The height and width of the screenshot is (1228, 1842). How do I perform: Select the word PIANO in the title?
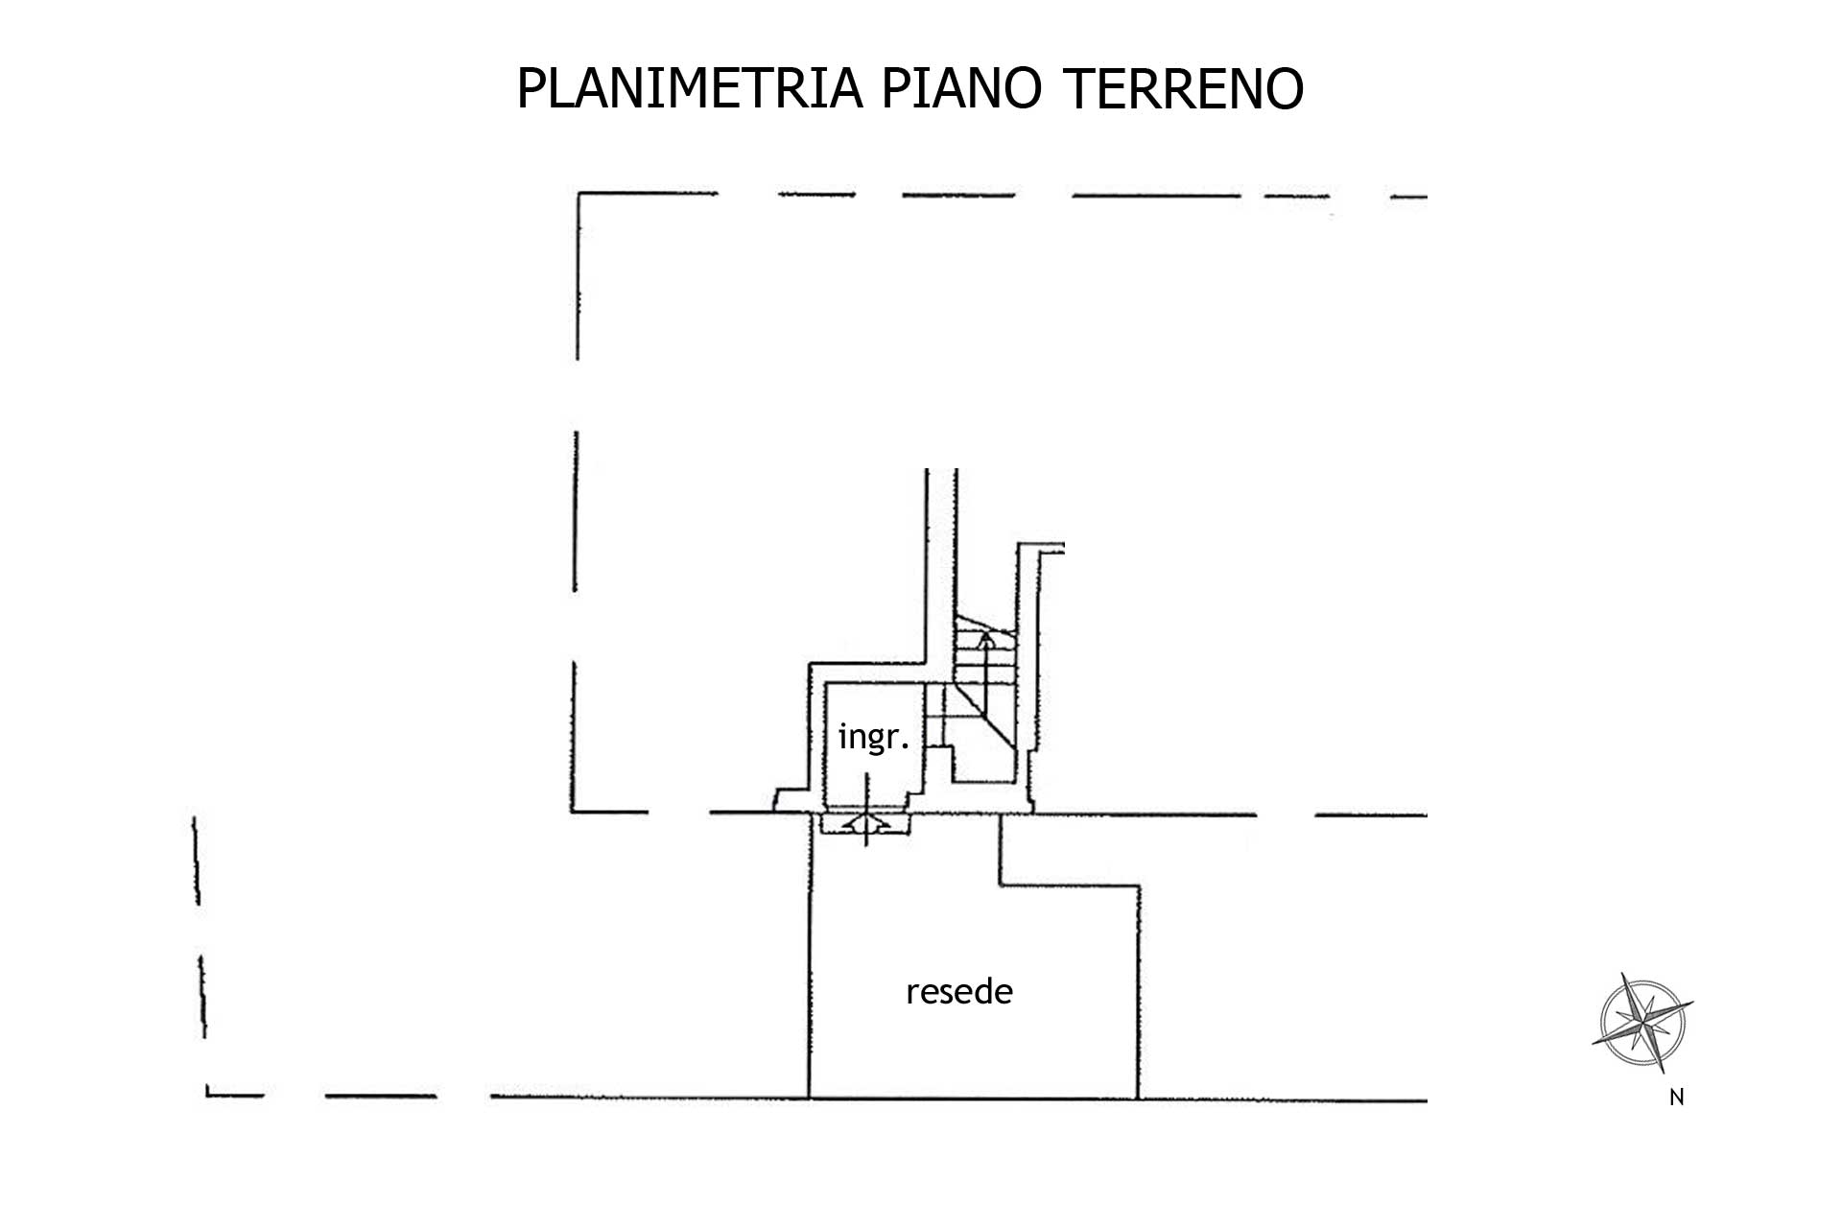click(x=959, y=89)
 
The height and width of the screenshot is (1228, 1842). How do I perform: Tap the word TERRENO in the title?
click(x=1184, y=89)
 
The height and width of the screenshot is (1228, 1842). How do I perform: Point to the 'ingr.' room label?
click(x=872, y=737)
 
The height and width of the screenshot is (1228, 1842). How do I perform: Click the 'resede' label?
click(x=958, y=991)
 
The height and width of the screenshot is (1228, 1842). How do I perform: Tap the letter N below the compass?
click(x=1676, y=1098)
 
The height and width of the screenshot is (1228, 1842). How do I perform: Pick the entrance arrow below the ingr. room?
click(x=865, y=823)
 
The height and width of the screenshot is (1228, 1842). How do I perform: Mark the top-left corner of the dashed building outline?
click(x=579, y=195)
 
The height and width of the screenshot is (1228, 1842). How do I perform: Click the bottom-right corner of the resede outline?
click(x=1137, y=1098)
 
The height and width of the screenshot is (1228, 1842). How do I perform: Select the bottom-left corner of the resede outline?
click(x=810, y=1098)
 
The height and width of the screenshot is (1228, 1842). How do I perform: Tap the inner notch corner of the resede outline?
click(x=1002, y=885)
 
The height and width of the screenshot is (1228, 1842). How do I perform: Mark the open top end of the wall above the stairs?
click(x=941, y=470)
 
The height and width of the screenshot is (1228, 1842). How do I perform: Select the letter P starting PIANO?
click(x=891, y=89)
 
